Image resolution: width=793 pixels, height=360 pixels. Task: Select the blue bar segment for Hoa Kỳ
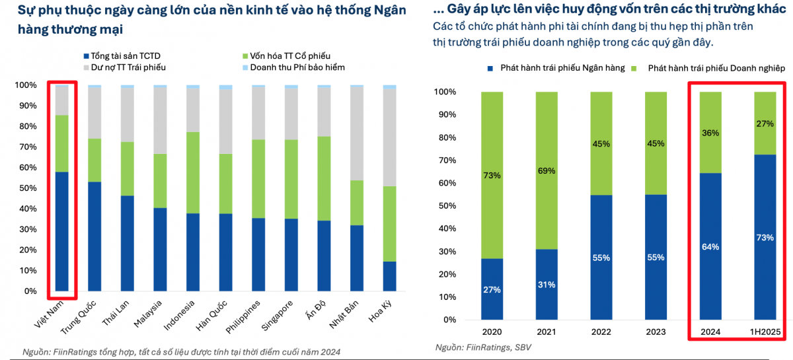coord(390,276)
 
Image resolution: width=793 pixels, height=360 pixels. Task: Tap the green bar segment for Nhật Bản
coord(357,203)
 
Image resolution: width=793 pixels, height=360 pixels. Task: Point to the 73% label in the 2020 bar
coord(492,176)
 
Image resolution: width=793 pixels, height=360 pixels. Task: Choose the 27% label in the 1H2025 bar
coord(765,123)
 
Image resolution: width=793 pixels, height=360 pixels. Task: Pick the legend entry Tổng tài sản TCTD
coord(122,55)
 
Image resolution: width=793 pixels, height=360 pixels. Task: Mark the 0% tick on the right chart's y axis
coord(447,320)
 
